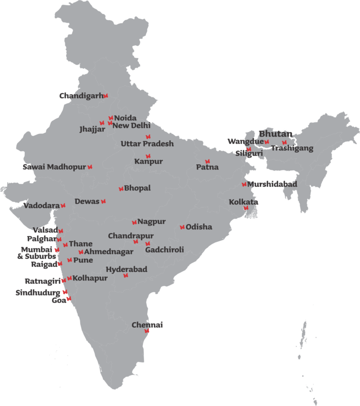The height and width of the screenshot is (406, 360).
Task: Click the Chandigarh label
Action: pos(81,96)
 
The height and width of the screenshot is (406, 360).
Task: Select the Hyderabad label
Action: pos(127,269)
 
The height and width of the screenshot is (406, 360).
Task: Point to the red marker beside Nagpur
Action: pos(134,222)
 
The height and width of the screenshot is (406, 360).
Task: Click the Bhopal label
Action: pos(137,188)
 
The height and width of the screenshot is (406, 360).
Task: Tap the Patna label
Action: pos(207,167)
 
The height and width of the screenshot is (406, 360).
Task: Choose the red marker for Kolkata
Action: pos(246,208)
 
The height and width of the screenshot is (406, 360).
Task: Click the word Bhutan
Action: pos(276,134)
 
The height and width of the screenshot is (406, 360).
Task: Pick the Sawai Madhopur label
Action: pos(54,167)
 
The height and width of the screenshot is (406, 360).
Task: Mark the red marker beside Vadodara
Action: pos(63,206)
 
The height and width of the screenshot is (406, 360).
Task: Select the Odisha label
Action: pos(199,227)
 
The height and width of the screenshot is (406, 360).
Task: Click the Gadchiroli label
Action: pos(165,250)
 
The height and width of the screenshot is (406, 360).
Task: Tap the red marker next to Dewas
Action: pos(103,201)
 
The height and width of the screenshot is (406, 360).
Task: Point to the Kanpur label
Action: pos(149,162)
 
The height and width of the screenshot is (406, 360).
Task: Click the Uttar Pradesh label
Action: pos(147,144)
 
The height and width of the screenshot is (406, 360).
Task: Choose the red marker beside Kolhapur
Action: pos(69,278)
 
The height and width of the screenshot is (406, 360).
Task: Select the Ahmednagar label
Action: pos(109,252)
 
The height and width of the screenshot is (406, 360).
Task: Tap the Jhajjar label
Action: pos(92,129)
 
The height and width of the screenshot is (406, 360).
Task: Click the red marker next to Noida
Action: pos(111,118)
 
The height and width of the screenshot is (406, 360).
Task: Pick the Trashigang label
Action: pos(292,148)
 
